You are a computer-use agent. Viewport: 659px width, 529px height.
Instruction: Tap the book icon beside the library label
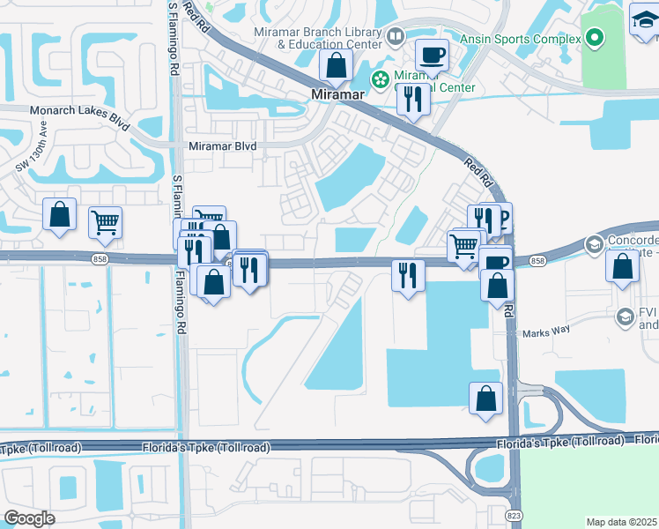[396, 36]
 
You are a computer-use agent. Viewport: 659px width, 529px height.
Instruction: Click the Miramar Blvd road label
[221, 146]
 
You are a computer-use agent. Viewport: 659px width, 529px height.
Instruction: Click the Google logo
[29, 518]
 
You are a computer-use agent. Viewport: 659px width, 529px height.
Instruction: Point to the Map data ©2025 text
[621, 522]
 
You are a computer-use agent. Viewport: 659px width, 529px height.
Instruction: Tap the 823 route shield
[514, 514]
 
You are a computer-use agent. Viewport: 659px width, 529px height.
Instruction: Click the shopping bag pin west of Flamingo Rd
[59, 214]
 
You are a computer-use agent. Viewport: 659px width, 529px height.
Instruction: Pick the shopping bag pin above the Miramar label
[336, 64]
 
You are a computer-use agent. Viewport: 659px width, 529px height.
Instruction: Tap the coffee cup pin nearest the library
[431, 55]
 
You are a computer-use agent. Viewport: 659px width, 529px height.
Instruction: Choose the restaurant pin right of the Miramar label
[412, 98]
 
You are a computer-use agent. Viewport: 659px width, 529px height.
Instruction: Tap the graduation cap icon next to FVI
[626, 316]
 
